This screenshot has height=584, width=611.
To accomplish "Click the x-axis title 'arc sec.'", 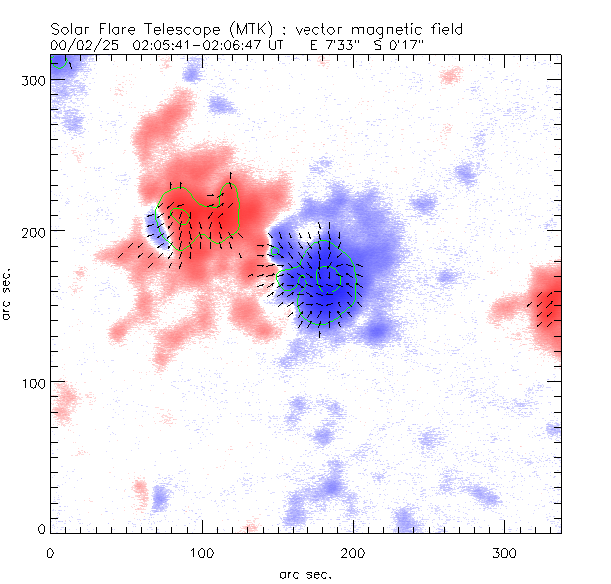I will (305, 574).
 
